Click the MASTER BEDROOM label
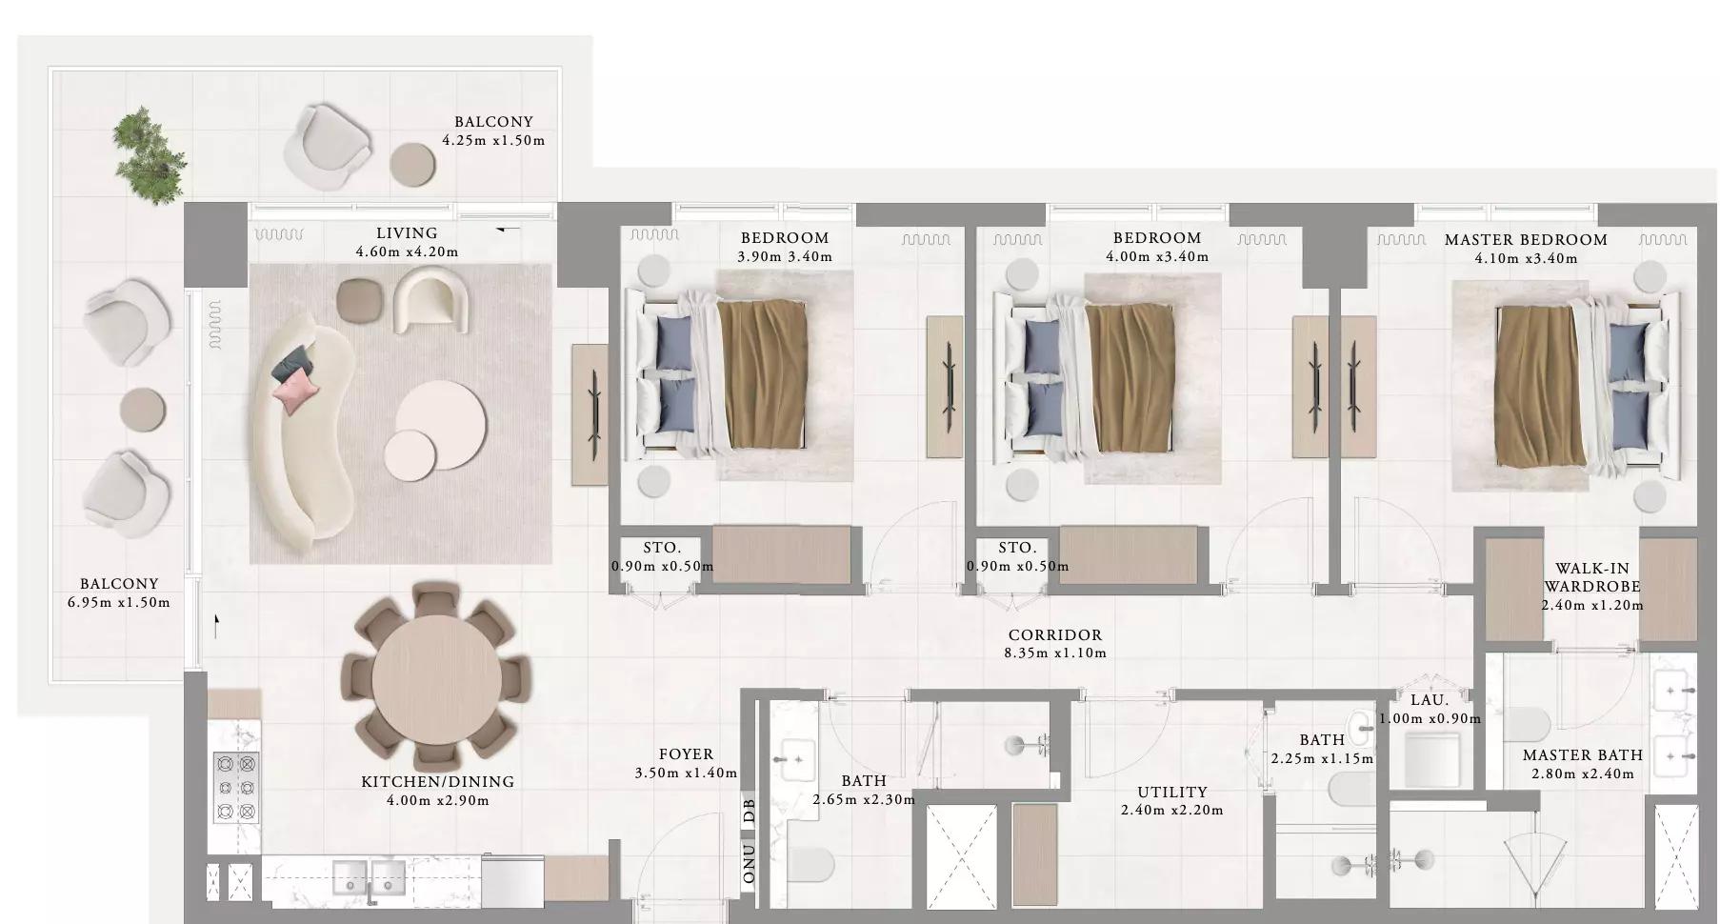[1526, 240]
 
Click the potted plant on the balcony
[150, 156]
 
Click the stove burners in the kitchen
[235, 787]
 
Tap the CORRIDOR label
[1055, 635]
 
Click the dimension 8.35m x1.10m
[1055, 653]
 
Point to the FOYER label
[686, 754]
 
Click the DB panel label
[750, 811]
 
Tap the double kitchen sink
[370, 877]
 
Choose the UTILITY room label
[1172, 793]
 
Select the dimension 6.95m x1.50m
[119, 602]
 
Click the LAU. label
[1430, 700]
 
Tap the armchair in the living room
[432, 299]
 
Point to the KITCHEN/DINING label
[438, 782]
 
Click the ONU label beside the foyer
[750, 863]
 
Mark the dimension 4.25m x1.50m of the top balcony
[493, 140]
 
